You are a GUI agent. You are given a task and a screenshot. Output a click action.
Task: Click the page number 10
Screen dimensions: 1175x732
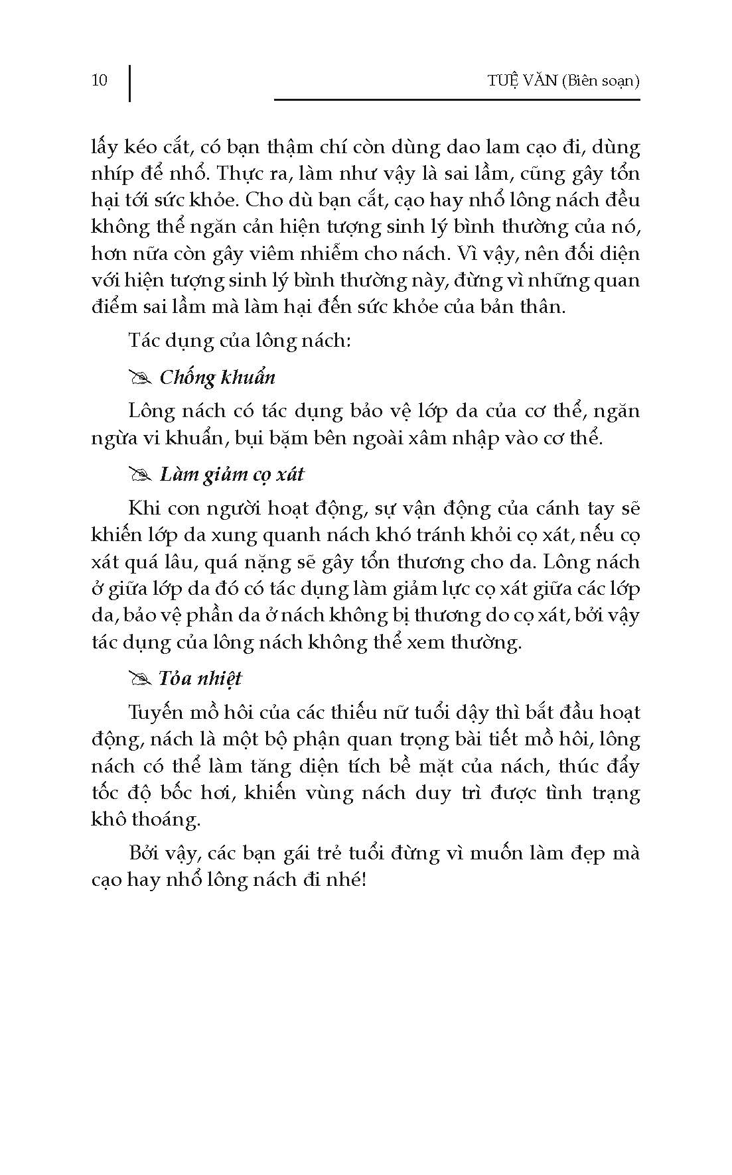click(x=99, y=81)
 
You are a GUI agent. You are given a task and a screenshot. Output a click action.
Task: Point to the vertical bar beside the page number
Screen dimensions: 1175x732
click(x=129, y=82)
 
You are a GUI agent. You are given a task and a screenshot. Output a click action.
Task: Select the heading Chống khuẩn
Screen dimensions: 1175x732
click(x=217, y=378)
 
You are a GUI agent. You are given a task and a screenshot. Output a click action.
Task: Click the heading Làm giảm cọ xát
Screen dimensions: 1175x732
click(x=232, y=475)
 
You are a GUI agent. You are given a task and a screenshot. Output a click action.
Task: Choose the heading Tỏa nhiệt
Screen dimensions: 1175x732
click(x=200, y=678)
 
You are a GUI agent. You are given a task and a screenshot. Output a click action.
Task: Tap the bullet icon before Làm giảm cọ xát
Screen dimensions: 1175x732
click(x=140, y=475)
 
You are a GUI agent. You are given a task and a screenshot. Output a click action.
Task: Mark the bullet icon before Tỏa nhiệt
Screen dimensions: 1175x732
click(x=140, y=679)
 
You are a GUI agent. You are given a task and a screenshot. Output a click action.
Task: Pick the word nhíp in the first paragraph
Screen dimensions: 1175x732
click(x=110, y=174)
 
